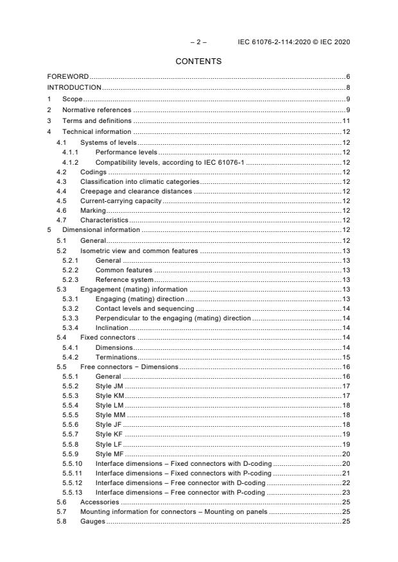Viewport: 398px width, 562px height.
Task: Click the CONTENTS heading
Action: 198,62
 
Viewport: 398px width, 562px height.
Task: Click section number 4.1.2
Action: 71,162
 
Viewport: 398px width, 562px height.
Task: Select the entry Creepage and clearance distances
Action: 137,191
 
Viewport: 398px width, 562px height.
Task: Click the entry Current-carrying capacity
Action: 120,201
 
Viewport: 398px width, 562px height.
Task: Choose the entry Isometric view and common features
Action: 139,251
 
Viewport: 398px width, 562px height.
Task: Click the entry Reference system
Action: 125,279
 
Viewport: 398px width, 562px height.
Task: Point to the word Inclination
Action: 112,327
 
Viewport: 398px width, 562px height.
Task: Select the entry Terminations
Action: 116,357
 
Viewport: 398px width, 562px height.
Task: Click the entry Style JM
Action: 110,386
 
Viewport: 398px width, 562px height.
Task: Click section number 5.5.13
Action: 73,493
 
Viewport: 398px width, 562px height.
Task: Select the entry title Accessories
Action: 100,502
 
